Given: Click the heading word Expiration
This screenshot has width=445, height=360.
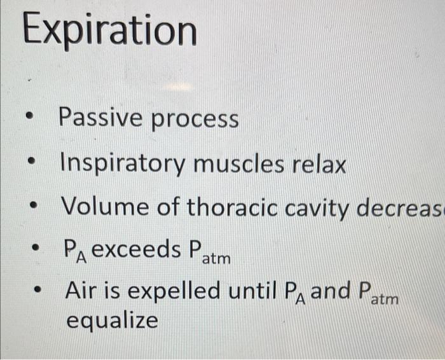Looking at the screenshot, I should tap(109, 30).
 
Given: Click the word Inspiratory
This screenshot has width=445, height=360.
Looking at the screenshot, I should tap(121, 165).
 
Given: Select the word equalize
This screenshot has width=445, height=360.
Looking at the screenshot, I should tap(112, 320).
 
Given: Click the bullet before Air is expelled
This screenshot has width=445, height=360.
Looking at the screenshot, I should tap(39, 292).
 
